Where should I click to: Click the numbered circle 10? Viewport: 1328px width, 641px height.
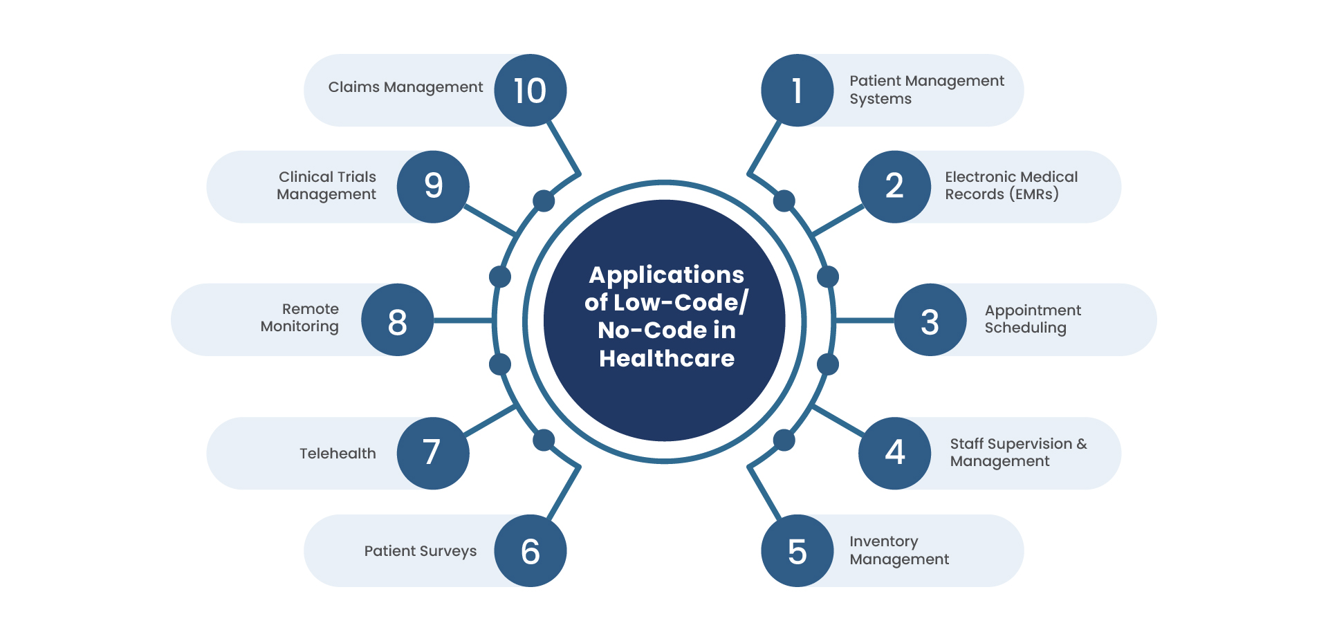click(x=531, y=91)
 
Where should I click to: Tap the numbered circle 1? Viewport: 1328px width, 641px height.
click(x=797, y=91)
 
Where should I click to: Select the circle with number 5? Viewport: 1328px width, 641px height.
click(x=797, y=551)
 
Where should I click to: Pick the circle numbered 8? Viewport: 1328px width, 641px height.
click(x=398, y=320)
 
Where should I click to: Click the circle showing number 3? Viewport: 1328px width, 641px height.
click(x=930, y=320)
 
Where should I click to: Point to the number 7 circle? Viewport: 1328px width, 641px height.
click(x=433, y=454)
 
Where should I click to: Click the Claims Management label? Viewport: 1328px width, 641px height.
click(x=405, y=87)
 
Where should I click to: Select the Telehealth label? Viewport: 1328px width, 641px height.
click(x=338, y=454)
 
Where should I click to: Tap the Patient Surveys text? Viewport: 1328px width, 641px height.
click(x=421, y=551)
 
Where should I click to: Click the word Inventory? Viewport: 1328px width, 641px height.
click(x=884, y=541)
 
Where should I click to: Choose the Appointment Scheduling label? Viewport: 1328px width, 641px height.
click(x=1033, y=319)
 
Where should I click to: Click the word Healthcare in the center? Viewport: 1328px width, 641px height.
click(x=667, y=358)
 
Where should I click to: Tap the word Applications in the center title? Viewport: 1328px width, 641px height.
click(x=667, y=275)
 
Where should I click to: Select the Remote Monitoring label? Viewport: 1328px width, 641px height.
click(x=299, y=317)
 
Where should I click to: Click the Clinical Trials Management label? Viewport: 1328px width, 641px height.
click(x=326, y=185)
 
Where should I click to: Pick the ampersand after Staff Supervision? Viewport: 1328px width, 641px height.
click(x=1082, y=444)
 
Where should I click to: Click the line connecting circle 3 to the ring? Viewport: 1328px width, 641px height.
click(x=865, y=320)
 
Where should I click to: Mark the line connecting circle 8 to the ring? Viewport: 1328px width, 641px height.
click(x=463, y=320)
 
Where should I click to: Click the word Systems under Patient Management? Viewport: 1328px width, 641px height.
click(x=880, y=99)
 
